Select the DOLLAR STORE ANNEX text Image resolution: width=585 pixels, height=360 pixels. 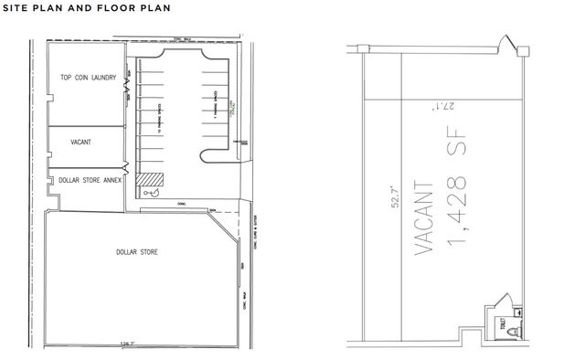(x=86, y=181)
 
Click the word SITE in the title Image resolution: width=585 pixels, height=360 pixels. (x=19, y=9)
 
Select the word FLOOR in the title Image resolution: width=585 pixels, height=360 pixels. (x=127, y=9)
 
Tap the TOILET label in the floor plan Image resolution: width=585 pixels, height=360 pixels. (x=503, y=323)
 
